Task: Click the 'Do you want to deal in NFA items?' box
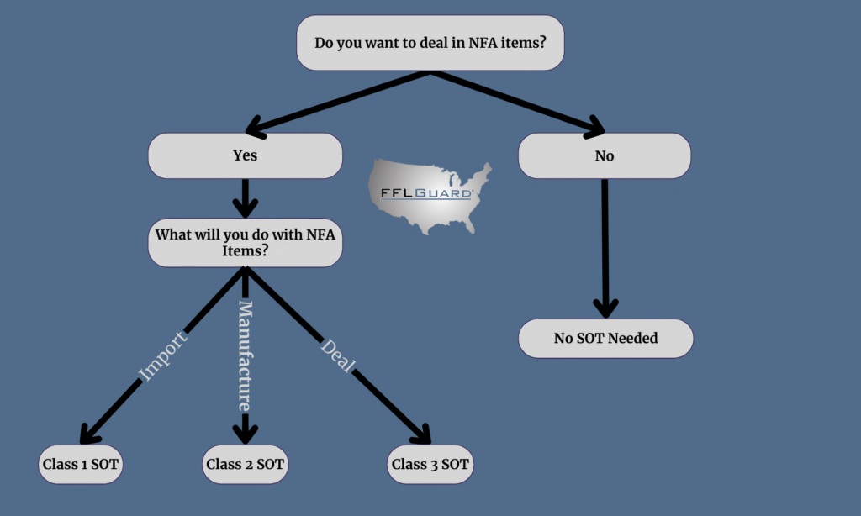pos(430,42)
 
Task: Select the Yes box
pos(245,155)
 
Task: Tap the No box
pos(604,155)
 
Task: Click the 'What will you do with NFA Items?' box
pos(245,243)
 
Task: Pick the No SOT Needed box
pos(605,339)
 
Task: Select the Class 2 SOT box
pos(245,463)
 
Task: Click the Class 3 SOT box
pos(430,463)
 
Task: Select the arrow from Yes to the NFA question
pos(245,197)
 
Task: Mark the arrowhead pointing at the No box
pos(594,129)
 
